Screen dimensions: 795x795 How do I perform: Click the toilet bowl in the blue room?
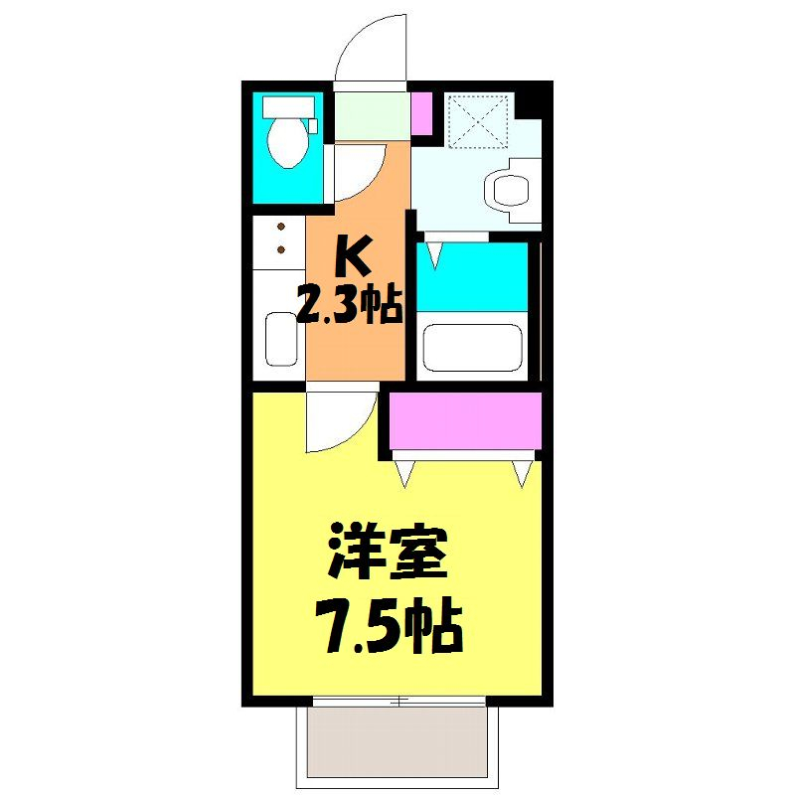[289, 145]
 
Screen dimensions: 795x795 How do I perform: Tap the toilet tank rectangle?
[287, 103]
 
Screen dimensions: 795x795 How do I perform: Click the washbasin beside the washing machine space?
[509, 186]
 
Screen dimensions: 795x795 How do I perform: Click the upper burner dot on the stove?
[280, 228]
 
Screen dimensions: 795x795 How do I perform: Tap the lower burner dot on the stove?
[280, 248]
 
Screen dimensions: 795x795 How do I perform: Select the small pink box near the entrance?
[421, 114]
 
